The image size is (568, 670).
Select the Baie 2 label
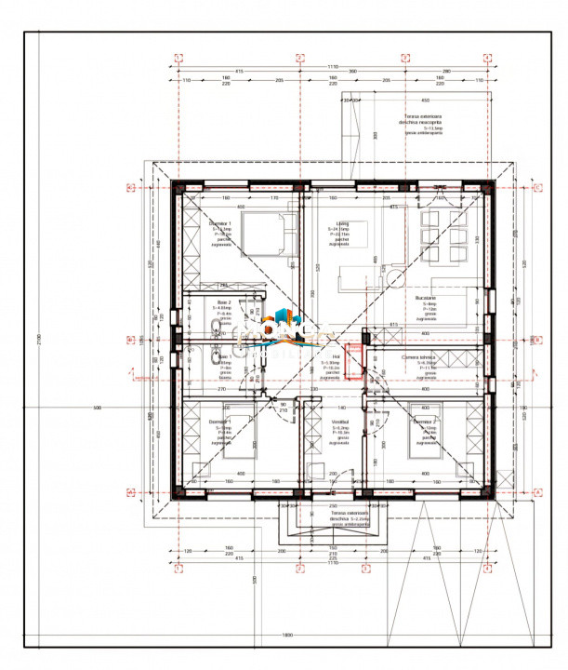click(x=223, y=303)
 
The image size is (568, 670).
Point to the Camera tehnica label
click(x=427, y=358)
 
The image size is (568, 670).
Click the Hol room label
click(x=337, y=356)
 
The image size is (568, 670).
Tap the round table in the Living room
click(x=397, y=276)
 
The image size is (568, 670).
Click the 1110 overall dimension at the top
click(x=332, y=66)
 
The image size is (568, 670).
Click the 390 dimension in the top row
click(x=352, y=72)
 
